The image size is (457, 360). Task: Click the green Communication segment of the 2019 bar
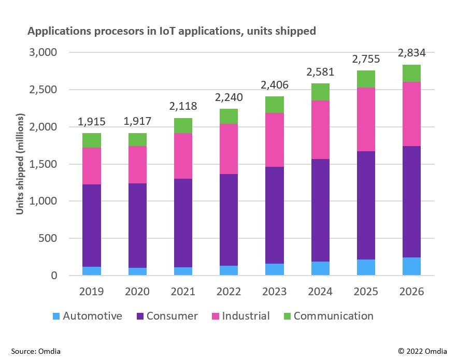(x=91, y=140)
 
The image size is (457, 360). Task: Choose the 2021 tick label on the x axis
(x=182, y=292)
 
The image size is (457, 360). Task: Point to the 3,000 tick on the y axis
(x=44, y=53)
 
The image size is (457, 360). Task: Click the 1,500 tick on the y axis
(x=44, y=164)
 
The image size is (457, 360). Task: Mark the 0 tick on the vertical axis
(x=53, y=276)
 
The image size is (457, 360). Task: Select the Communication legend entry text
(x=333, y=316)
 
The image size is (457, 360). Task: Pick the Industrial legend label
(x=246, y=316)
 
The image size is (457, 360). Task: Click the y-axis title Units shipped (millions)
(x=20, y=164)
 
